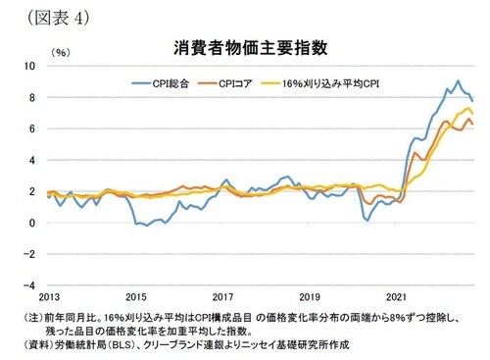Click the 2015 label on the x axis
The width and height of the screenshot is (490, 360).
[136, 295]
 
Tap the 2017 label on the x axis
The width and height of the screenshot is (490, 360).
[222, 295]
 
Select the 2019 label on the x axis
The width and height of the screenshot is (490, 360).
[310, 295]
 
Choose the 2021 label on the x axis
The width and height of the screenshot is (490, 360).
[397, 295]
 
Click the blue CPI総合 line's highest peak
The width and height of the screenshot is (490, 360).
[458, 80]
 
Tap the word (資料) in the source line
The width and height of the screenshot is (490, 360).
[33, 347]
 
